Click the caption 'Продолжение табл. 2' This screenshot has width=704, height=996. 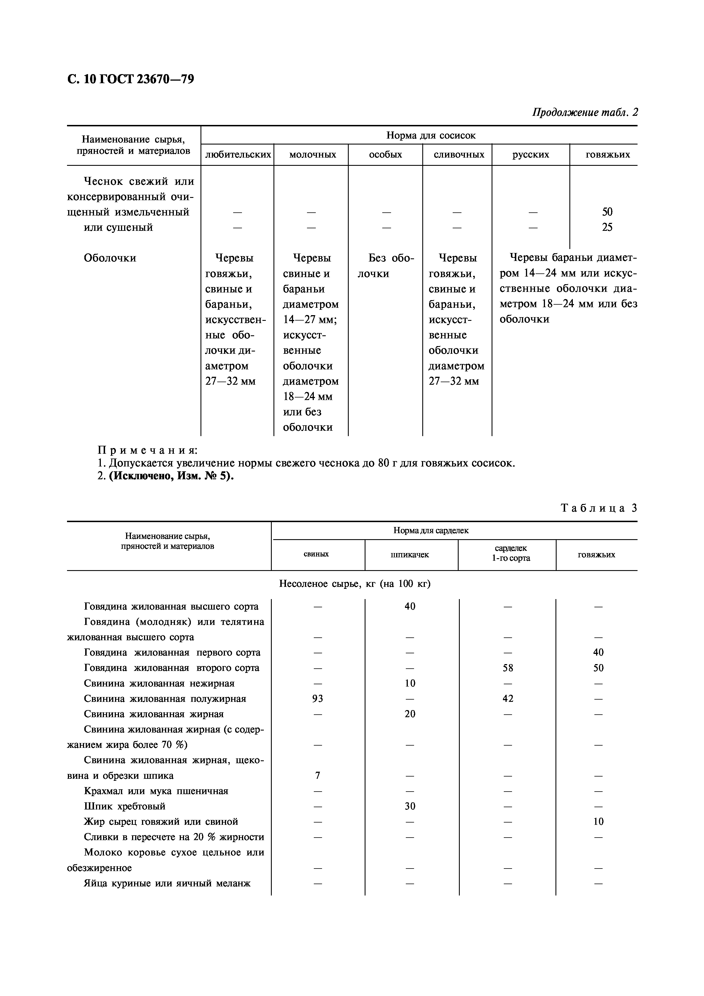585,112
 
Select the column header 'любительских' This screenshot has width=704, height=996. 238,154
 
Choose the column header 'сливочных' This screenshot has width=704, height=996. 458,154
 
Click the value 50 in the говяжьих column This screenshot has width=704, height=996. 607,212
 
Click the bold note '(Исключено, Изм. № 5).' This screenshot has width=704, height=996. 171,476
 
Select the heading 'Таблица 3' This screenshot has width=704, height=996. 599,508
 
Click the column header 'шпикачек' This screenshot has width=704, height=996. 410,555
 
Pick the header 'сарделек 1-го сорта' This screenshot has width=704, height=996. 511,553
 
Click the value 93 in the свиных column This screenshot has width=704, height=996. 317,698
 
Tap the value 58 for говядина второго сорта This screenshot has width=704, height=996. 507,668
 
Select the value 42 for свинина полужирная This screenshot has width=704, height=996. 507,698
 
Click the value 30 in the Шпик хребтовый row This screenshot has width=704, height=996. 410,806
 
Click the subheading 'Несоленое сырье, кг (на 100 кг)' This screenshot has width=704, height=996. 354,584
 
